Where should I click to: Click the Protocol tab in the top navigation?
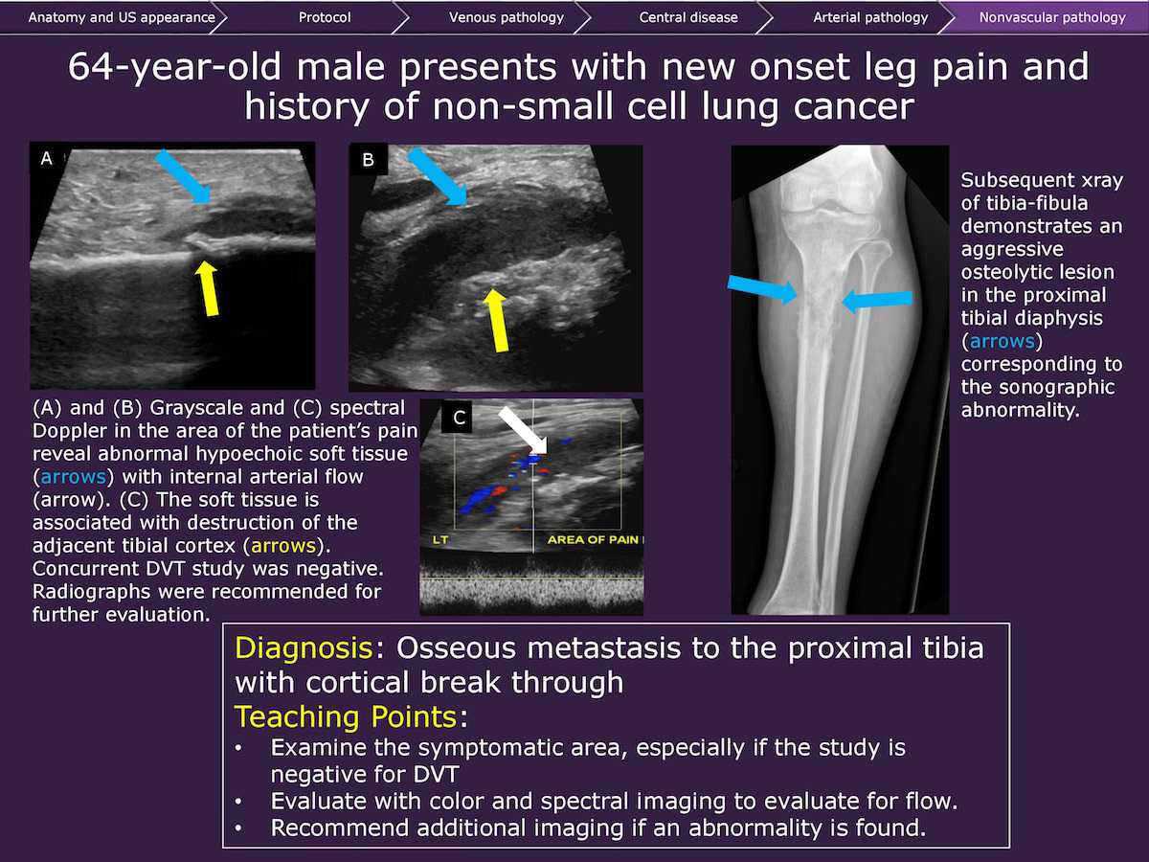pos(325,17)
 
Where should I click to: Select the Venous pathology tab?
pos(507,17)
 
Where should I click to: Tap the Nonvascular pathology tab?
pos(1052,17)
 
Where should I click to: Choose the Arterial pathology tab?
pos(870,17)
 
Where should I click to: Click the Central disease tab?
pos(688,17)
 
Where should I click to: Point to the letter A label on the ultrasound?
pos(47,159)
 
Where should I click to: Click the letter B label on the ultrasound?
pos(368,160)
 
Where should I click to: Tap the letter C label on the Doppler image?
pos(459,418)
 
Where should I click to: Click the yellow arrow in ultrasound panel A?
pos(207,288)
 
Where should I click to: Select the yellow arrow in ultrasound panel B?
pos(497,320)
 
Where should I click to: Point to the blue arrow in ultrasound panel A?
pos(184,176)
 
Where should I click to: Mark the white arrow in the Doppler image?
pos(523,430)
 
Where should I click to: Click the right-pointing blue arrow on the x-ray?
pos(763,289)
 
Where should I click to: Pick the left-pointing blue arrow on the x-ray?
pos(877,300)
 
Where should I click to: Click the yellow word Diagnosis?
pos(304,648)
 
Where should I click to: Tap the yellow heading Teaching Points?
pos(346,716)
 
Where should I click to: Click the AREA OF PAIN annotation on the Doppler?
pos(593,539)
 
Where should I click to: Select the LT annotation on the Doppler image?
pos(440,539)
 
